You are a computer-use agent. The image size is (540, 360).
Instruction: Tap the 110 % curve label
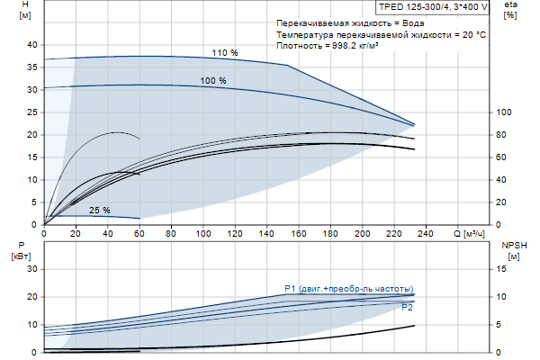point(225,53)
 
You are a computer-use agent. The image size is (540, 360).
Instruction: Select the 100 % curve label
point(213,81)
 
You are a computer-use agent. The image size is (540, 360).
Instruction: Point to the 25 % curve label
point(99,211)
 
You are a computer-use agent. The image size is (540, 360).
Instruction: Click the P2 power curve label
point(407,308)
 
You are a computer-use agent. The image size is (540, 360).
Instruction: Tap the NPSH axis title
point(512,249)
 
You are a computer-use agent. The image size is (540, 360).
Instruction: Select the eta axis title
point(510,10)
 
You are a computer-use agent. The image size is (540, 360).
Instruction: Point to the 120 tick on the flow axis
point(235,234)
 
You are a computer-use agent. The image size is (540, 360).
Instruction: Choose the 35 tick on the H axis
point(33,67)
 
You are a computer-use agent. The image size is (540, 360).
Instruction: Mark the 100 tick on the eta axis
point(504,112)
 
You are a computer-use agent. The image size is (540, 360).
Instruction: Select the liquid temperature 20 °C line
point(382,33)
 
